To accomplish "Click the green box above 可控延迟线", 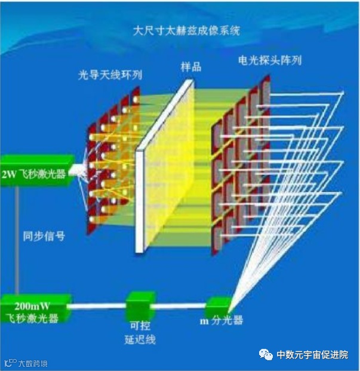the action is [140, 305].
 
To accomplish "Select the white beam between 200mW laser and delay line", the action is [99, 306].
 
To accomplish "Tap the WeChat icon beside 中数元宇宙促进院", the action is [266, 354].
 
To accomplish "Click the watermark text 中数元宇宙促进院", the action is [312, 354].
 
